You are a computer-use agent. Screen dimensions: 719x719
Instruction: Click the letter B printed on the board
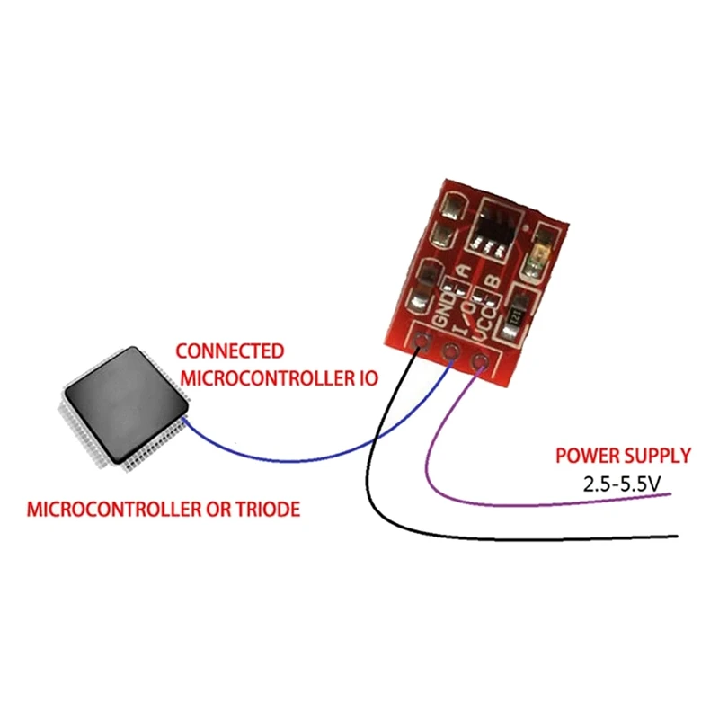click(492, 282)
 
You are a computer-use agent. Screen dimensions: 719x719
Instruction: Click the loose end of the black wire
click(676, 537)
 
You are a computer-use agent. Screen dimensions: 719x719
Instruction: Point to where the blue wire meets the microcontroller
click(183, 419)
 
